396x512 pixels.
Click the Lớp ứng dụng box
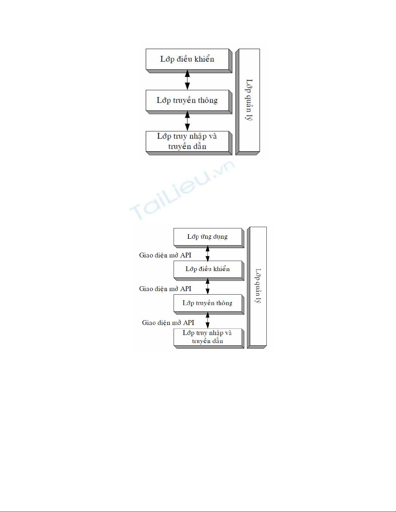coord(208,237)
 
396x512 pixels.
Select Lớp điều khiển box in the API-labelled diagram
coord(208,269)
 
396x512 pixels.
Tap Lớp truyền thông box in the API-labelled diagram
coord(208,303)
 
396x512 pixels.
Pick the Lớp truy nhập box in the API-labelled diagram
coord(208,337)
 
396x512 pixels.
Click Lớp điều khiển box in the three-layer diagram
coord(187,59)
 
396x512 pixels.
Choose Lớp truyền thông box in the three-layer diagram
coord(187,100)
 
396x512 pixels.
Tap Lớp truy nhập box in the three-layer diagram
coord(187,141)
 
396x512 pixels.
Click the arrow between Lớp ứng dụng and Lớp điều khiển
coord(208,254)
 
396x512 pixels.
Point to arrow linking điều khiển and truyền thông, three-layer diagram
coord(187,80)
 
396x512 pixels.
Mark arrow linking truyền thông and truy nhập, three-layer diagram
coord(187,121)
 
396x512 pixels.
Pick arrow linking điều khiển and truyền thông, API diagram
coord(208,286)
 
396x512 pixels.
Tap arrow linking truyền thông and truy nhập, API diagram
coord(208,320)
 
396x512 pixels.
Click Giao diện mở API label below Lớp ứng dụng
coord(165,255)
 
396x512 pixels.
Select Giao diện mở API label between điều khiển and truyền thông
coord(165,289)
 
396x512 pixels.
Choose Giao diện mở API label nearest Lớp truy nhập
coord(168,323)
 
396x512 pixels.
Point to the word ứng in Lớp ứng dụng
coord(206,237)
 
